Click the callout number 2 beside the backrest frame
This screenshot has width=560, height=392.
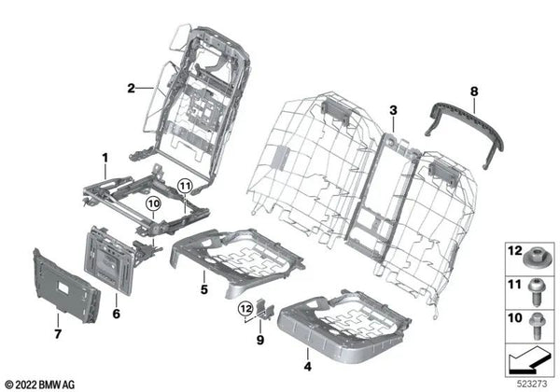click(131, 88)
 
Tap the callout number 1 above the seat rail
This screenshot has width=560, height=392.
click(105, 158)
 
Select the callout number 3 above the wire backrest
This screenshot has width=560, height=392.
click(393, 110)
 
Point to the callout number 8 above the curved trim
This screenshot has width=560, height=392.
click(473, 91)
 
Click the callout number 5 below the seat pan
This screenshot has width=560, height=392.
click(203, 289)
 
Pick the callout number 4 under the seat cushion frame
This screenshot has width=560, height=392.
click(307, 366)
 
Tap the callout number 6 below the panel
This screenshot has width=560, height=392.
click(117, 314)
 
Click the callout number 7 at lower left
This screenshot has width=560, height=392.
click(58, 334)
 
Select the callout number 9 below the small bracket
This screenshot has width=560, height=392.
click(260, 340)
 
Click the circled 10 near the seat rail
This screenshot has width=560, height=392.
click(153, 203)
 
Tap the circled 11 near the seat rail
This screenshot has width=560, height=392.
click(185, 186)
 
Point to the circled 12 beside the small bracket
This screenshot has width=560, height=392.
click(245, 307)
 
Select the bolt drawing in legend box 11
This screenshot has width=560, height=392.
click(536, 293)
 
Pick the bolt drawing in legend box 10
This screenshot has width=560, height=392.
click(537, 326)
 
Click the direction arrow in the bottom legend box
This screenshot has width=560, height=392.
click(529, 360)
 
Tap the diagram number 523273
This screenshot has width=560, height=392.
click(533, 385)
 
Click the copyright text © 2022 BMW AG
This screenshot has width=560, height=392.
click(40, 385)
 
